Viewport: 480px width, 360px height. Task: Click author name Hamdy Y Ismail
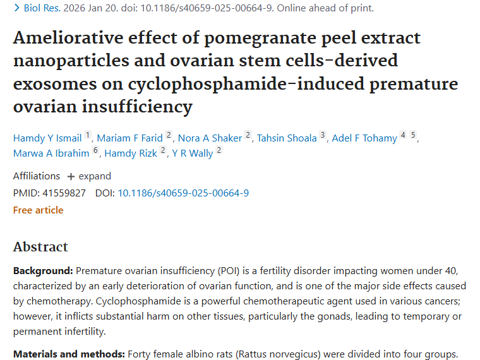click(x=48, y=138)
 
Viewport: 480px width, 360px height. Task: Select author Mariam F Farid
click(x=129, y=138)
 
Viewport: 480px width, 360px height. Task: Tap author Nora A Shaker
click(x=210, y=138)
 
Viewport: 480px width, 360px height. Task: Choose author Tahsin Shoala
click(x=286, y=138)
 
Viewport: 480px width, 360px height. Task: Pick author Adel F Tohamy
click(x=364, y=138)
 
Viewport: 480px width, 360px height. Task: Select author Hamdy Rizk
click(x=131, y=153)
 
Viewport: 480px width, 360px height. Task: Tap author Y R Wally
click(x=193, y=153)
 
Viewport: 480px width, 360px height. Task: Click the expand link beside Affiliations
click(x=89, y=176)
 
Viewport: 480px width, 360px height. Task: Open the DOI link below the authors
click(x=183, y=193)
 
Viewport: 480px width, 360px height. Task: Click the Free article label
click(x=38, y=210)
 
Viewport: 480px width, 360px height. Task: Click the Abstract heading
click(x=40, y=246)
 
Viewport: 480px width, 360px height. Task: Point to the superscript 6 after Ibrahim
click(x=95, y=150)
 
